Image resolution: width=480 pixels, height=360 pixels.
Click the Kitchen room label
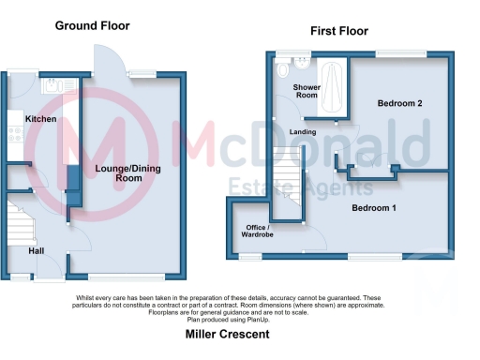41,119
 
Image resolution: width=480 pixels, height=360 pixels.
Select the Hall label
36,250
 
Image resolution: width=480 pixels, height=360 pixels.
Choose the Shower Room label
307,91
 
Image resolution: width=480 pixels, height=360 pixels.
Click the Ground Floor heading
93,25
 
